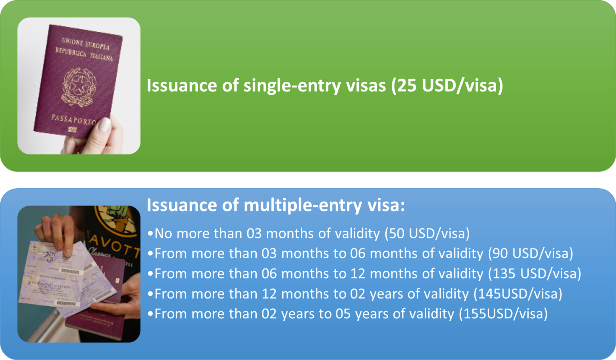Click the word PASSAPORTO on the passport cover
(73, 120)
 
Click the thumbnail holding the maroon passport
(79, 86)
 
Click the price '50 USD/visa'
(427, 233)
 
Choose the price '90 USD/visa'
(531, 253)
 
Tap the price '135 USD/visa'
(535, 273)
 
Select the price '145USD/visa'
(518, 293)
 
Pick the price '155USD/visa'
(503, 313)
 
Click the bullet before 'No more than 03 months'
(150, 234)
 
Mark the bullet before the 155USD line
(150, 314)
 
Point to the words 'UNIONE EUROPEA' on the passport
(85, 43)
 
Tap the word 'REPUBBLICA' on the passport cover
(71, 52)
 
